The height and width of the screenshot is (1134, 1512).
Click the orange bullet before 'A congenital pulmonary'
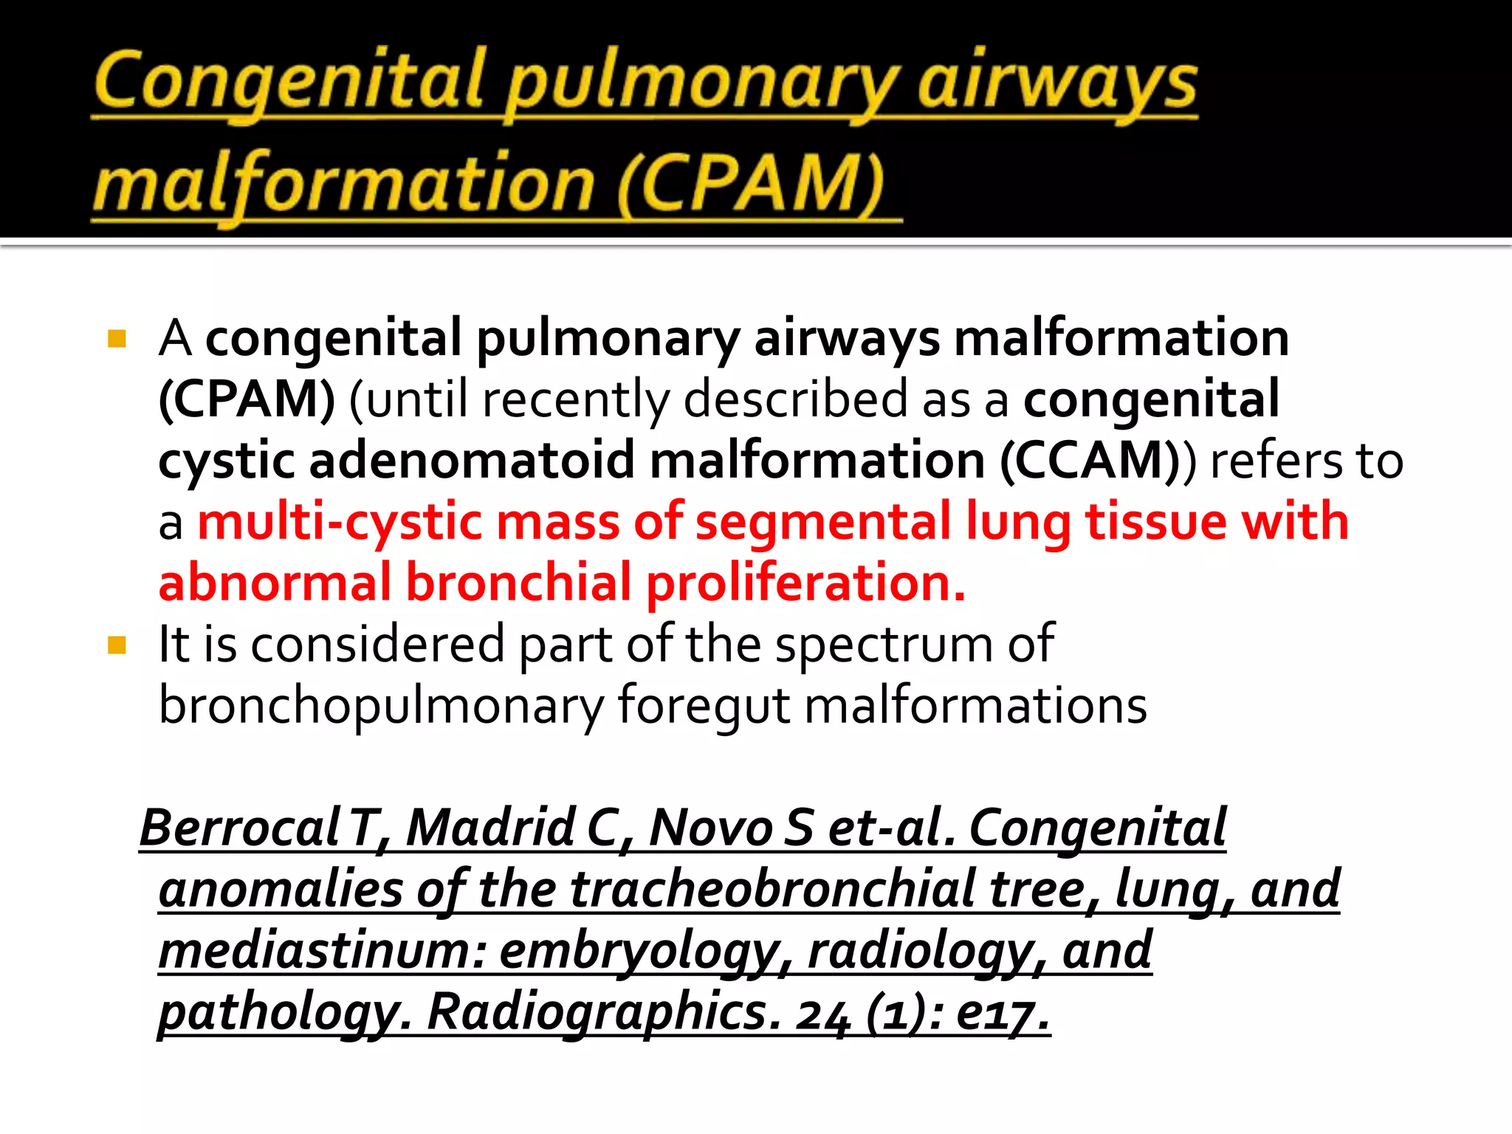[x=117, y=339]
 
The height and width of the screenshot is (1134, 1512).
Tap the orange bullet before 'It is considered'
[x=117, y=645]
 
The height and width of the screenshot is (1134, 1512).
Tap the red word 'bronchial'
[x=518, y=583]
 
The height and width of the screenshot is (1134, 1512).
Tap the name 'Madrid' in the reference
[x=490, y=828]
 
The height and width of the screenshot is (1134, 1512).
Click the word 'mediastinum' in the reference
[x=322, y=950]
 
